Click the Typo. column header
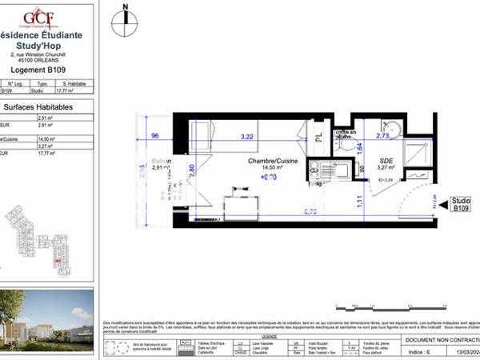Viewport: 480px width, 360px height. click(44, 83)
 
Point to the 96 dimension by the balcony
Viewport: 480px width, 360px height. click(155, 136)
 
